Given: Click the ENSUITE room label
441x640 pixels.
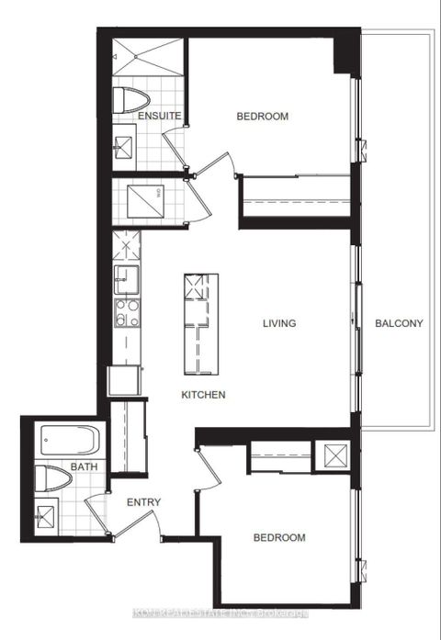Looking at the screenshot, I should point(159,117).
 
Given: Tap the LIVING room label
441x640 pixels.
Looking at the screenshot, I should point(278,323).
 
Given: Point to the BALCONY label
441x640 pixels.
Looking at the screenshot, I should point(399,323).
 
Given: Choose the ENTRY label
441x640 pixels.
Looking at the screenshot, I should point(144,502).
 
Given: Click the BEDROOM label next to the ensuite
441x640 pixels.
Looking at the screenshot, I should point(262,117).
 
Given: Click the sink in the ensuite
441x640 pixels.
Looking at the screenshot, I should point(123,147).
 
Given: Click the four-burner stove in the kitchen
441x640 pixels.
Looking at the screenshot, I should point(126,311).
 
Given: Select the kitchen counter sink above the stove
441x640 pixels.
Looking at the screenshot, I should point(126,276).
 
